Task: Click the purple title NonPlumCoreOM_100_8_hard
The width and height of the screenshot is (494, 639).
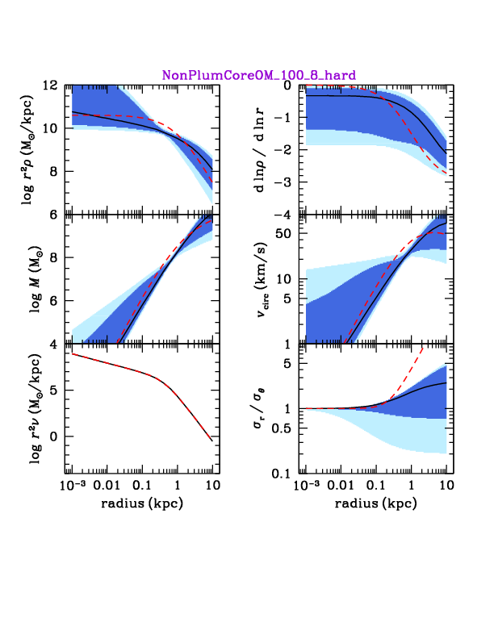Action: click(259, 75)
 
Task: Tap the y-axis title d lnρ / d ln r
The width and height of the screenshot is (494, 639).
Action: click(260, 149)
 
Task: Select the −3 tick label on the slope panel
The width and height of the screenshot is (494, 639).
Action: click(282, 182)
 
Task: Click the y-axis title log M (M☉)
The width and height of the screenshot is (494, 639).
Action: click(36, 279)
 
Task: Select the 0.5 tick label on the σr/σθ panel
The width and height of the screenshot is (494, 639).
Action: click(281, 428)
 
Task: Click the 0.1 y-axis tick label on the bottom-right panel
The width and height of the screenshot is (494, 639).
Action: click(282, 474)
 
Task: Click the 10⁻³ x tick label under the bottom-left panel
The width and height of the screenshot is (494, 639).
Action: click(73, 486)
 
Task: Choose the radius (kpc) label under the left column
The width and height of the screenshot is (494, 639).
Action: click(142, 503)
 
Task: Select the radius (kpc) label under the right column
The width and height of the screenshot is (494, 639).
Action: click(376, 503)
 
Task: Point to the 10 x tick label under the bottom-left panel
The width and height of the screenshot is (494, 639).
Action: click(213, 486)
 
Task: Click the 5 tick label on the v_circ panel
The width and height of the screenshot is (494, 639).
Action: click(287, 299)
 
